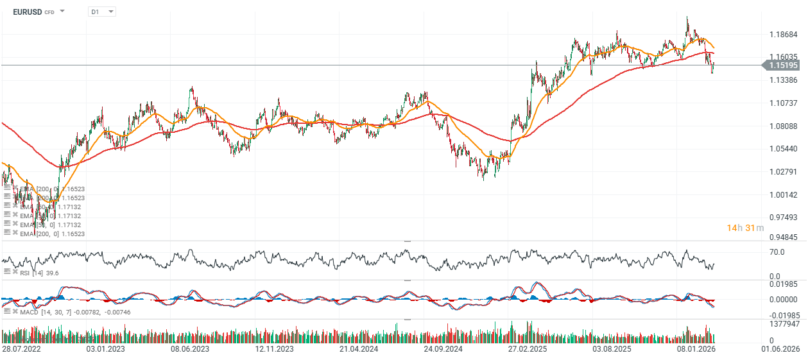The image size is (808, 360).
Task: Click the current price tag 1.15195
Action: (x=782, y=65)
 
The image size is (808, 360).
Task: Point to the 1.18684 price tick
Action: (x=783, y=34)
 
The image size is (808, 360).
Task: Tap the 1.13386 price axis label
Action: (x=783, y=80)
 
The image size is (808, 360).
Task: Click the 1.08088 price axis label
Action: (x=783, y=126)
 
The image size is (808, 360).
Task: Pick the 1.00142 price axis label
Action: (x=783, y=194)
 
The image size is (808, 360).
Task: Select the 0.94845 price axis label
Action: (x=783, y=237)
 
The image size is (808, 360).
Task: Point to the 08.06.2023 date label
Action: (x=190, y=349)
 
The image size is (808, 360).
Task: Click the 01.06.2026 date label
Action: (x=780, y=349)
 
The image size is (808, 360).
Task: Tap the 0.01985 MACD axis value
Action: (x=783, y=284)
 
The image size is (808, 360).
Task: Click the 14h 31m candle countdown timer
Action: (x=745, y=228)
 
